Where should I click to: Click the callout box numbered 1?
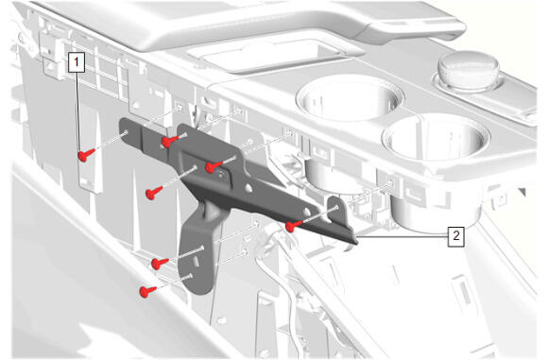pyautogui.click(x=77, y=62)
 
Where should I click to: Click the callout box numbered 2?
pyautogui.click(x=456, y=236)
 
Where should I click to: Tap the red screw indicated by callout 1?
pyautogui.click(x=86, y=155)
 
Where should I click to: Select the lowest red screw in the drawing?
pyautogui.click(x=147, y=291)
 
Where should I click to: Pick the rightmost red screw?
pyautogui.click(x=295, y=226)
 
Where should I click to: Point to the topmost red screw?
pyautogui.click(x=170, y=141)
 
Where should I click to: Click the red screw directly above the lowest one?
pyautogui.click(x=160, y=264)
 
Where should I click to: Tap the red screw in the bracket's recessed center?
pyautogui.click(x=214, y=166)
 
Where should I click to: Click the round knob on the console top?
pyautogui.click(x=469, y=70)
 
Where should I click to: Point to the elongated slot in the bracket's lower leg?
pyautogui.click(x=197, y=261)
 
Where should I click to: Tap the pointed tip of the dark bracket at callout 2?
pyautogui.click(x=356, y=243)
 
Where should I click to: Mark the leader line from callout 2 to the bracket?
pyautogui.click(x=402, y=236)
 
